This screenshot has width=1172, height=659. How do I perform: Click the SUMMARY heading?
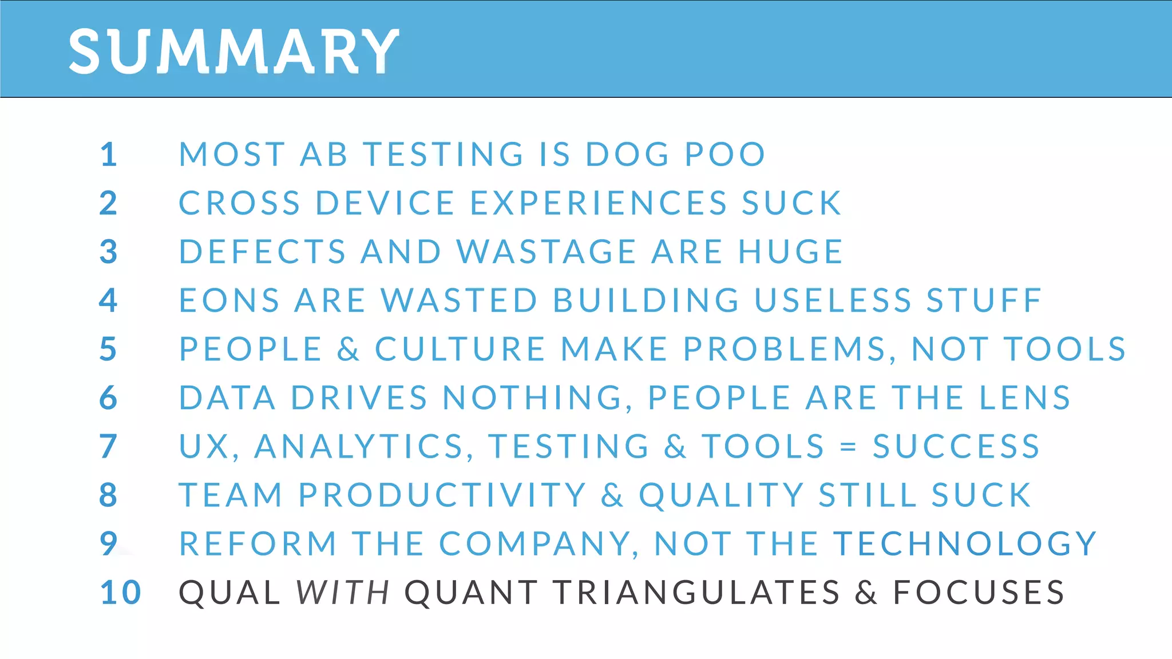pyautogui.click(x=233, y=51)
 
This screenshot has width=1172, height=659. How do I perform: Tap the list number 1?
pyautogui.click(x=109, y=154)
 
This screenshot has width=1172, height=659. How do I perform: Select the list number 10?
pyautogui.click(x=120, y=592)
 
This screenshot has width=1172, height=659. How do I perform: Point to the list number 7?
pyautogui.click(x=109, y=446)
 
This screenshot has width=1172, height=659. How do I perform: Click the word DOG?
pyautogui.click(x=627, y=154)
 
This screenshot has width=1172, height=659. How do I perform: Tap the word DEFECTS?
pyautogui.click(x=263, y=252)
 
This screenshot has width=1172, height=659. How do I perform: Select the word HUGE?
pyautogui.click(x=790, y=252)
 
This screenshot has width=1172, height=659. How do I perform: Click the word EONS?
pyautogui.click(x=229, y=300)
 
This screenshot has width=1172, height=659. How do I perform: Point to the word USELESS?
pyautogui.click(x=833, y=300)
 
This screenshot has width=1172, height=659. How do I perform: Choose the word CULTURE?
pyautogui.click(x=460, y=349)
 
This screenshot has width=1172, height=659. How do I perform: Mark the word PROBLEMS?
pyautogui.click(x=785, y=349)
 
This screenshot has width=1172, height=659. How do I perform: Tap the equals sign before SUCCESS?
pyautogui.click(x=848, y=447)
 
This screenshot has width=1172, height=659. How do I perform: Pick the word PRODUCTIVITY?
pyautogui.click(x=442, y=495)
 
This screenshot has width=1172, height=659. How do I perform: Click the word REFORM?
pyautogui.click(x=258, y=543)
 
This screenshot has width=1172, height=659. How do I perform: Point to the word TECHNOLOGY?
pyautogui.click(x=965, y=543)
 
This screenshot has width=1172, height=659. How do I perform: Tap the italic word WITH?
pyautogui.click(x=343, y=592)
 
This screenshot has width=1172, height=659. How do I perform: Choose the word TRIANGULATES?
pyautogui.click(x=696, y=592)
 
